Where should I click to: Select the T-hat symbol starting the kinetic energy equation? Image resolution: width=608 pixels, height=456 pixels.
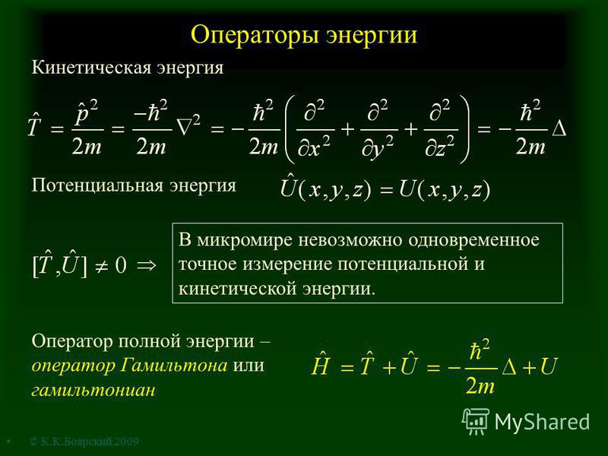click(34, 125)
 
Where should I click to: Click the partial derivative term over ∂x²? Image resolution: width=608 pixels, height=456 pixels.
click(314, 129)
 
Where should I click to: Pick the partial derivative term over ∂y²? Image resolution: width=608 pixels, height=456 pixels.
click(378, 129)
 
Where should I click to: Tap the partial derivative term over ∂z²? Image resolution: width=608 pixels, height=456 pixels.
click(441, 129)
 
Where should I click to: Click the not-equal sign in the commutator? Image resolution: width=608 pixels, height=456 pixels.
click(101, 267)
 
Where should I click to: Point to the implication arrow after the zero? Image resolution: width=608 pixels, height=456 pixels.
click(147, 265)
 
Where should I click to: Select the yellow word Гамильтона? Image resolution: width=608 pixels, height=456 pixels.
click(174, 366)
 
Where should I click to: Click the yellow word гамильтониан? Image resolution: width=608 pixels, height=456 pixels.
click(93, 390)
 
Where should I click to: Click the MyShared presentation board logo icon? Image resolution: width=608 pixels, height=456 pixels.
click(476, 421)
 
